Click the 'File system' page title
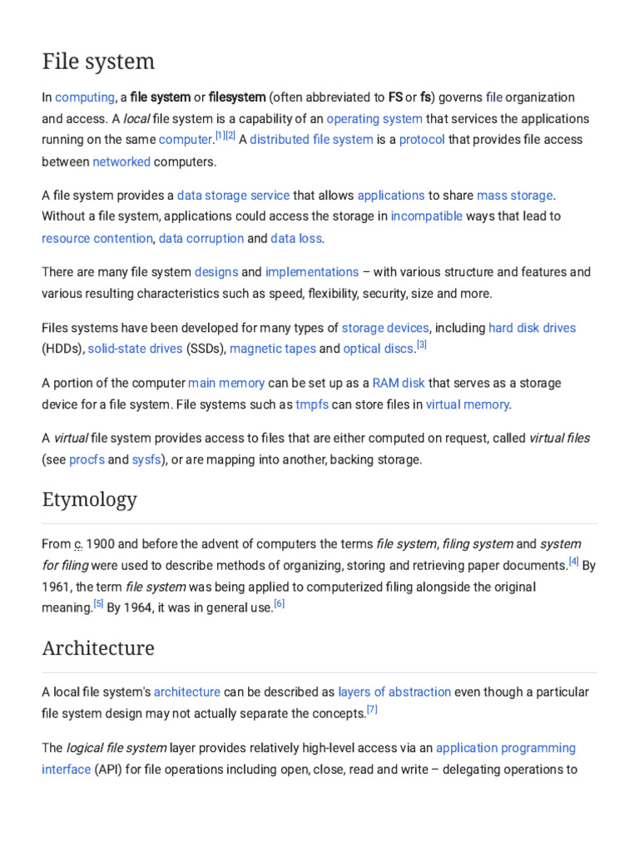(98, 62)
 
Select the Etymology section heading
(89, 499)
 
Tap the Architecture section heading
(98, 647)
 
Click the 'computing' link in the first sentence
(84, 97)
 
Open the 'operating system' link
(374, 119)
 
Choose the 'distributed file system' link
(311, 140)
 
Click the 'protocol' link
(422, 140)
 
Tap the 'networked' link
(121, 161)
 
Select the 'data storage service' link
(233, 196)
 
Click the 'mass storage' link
(514, 196)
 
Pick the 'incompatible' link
(427, 216)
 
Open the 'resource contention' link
(97, 238)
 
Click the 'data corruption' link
(201, 238)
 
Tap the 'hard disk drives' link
(532, 328)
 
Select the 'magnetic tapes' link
(273, 349)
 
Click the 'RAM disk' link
(399, 384)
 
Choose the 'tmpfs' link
(312, 404)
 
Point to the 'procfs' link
(87, 459)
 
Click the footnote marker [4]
(573, 562)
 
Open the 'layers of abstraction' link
(394, 692)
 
